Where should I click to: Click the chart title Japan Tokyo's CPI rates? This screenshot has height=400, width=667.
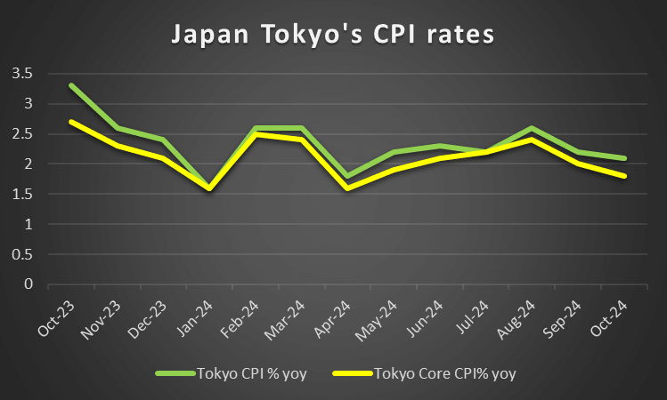(333, 36)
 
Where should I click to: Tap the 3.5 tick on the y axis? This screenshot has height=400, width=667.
(21, 73)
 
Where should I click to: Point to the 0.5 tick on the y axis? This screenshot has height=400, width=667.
(21, 254)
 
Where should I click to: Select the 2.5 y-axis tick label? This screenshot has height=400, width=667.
(21, 133)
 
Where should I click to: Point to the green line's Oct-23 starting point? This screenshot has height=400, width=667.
(70, 85)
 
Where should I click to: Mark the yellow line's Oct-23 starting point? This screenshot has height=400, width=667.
(70, 122)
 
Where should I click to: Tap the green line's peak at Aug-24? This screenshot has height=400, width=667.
(533, 128)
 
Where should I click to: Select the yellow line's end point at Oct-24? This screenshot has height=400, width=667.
(625, 176)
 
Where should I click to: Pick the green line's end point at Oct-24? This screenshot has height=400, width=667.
(625, 158)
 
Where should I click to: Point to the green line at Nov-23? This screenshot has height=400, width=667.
(117, 128)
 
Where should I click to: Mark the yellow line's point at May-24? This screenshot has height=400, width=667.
(395, 170)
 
